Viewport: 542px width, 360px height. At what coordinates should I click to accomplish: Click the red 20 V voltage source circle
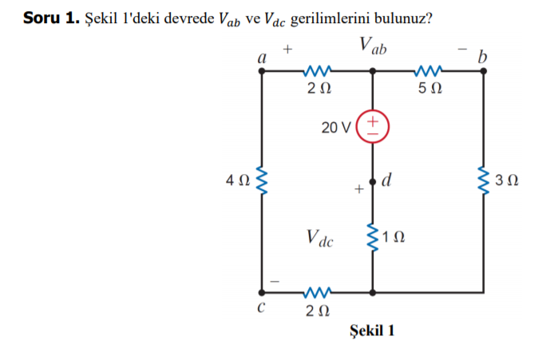[x=372, y=126]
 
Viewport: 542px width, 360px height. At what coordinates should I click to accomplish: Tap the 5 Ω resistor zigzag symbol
[x=429, y=71]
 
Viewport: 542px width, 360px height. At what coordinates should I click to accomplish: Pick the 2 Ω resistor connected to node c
[x=317, y=292]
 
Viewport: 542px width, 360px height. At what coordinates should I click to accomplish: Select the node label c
[x=261, y=307]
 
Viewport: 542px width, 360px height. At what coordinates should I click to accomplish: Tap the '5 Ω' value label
[x=429, y=88]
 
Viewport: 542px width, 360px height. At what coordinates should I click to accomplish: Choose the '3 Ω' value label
[x=508, y=181]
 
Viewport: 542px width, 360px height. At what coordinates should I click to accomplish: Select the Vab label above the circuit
[x=373, y=45]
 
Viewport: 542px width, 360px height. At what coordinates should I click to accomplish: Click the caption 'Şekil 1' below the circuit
[x=372, y=330]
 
